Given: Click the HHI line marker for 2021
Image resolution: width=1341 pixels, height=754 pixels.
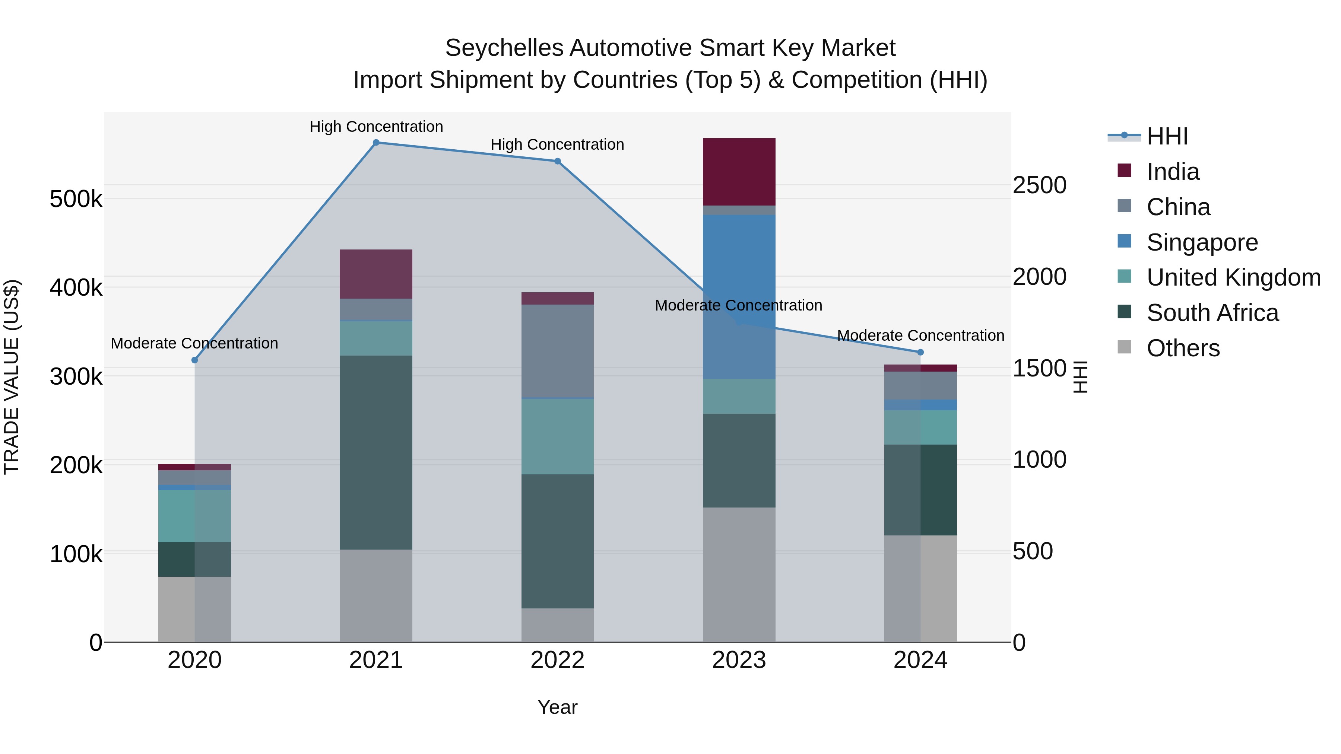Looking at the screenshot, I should click(376, 143).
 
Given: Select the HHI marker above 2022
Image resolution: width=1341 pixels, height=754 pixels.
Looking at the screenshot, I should click(557, 161).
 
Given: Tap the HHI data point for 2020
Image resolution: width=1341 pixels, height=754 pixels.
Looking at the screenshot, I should click(195, 360).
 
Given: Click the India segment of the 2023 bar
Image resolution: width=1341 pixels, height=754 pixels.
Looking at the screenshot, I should click(739, 172).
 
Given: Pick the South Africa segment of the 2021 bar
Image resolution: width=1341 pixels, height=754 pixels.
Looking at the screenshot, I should click(376, 453).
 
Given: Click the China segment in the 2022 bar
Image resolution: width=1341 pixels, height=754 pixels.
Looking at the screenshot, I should click(557, 351).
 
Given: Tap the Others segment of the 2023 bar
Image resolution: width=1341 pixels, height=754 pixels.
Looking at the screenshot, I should click(739, 575).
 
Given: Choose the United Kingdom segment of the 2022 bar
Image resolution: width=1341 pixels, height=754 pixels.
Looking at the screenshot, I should click(557, 437).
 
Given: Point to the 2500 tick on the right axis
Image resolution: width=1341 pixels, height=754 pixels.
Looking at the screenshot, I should click(1039, 186).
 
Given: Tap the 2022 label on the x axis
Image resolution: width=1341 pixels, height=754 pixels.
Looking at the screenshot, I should click(557, 660).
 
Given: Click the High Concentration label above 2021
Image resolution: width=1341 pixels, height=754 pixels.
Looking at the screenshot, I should click(376, 127).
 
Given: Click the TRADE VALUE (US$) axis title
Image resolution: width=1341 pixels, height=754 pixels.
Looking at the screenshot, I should click(12, 377).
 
